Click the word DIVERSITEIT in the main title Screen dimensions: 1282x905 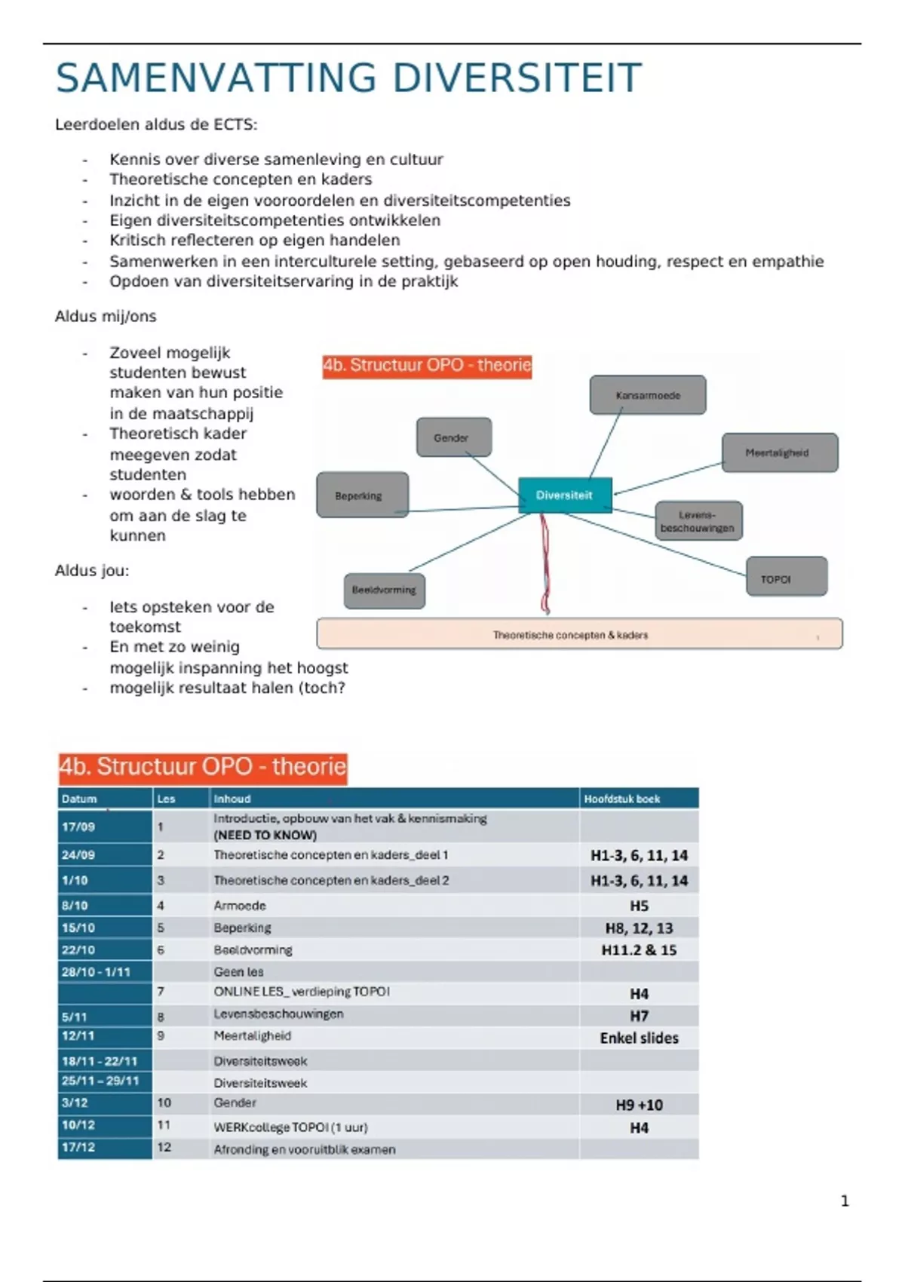(517, 78)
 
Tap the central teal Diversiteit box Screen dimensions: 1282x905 (565, 495)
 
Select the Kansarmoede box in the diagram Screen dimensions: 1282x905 (648, 395)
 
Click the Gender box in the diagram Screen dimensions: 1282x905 (453, 437)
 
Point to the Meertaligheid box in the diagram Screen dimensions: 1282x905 (779, 452)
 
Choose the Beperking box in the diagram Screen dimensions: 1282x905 (362, 495)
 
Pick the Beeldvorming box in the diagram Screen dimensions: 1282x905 (384, 590)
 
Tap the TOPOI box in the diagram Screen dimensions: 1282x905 (786, 578)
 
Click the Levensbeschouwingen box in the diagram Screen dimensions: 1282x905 (698, 521)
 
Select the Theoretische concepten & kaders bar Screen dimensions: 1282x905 (578, 634)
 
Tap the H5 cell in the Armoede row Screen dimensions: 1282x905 (639, 906)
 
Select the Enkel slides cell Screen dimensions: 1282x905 (639, 1038)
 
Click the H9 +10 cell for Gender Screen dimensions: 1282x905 (639, 1105)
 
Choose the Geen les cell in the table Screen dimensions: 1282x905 (239, 972)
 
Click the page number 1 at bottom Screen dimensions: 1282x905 (845, 1201)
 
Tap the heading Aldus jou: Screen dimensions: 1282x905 (92, 571)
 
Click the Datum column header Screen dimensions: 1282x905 (80, 799)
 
